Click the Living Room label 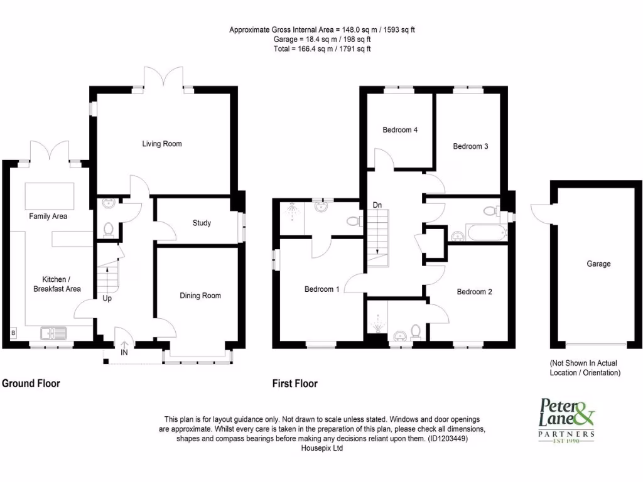pyautogui.click(x=161, y=144)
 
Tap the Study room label pyautogui.click(x=202, y=223)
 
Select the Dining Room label pyautogui.click(x=200, y=296)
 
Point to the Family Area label pyautogui.click(x=48, y=217)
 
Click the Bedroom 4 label pyautogui.click(x=400, y=130)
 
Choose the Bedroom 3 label pyautogui.click(x=470, y=146)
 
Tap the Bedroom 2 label pyautogui.click(x=474, y=292)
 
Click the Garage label pyautogui.click(x=598, y=264)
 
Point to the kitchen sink pyautogui.click(x=53, y=333)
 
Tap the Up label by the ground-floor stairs pyautogui.click(x=107, y=299)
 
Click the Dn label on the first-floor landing pyautogui.click(x=377, y=205)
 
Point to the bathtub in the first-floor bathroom pyautogui.click(x=483, y=235)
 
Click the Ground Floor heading pyautogui.click(x=31, y=383)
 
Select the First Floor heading pyautogui.click(x=294, y=383)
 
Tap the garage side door pyautogui.click(x=541, y=212)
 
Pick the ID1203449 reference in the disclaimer pyautogui.click(x=447, y=439)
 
